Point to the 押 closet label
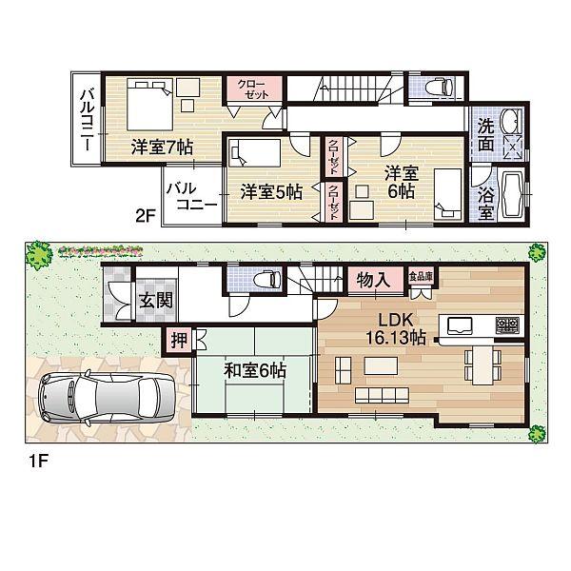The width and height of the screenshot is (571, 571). [x=178, y=339]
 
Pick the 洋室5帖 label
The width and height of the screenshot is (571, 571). [x=271, y=190]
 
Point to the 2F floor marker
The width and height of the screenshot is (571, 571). [x=145, y=215]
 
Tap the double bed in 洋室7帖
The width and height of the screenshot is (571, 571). [x=142, y=100]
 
